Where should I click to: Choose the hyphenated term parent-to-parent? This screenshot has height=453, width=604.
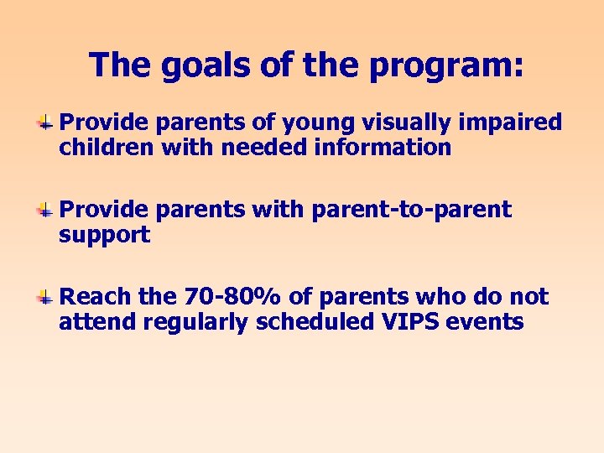click(411, 210)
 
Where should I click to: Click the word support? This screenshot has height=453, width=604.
click(104, 236)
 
